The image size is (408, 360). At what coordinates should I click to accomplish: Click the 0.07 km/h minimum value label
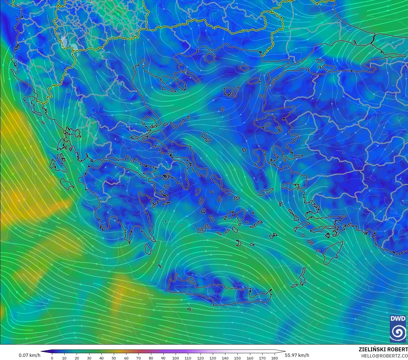pyautogui.click(x=29, y=355)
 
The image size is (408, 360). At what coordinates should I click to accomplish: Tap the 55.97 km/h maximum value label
pyautogui.click(x=297, y=355)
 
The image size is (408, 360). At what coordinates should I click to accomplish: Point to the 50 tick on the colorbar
pyautogui.click(x=114, y=358)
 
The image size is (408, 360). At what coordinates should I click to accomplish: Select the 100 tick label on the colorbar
pyautogui.click(x=176, y=358)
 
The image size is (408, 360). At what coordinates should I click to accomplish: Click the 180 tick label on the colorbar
pyautogui.click(x=275, y=358)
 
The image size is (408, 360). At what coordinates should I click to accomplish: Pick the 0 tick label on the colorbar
pyautogui.click(x=52, y=358)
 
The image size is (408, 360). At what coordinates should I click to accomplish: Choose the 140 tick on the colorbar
pyautogui.click(x=225, y=358)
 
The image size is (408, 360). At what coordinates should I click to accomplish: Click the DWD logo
pyautogui.click(x=398, y=328)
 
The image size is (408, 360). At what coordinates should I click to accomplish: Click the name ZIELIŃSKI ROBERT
pyautogui.click(x=383, y=349)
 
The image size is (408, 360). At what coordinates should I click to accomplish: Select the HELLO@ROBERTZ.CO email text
pyautogui.click(x=385, y=356)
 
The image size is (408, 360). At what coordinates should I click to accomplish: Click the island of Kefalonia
pyautogui.click(x=58, y=165)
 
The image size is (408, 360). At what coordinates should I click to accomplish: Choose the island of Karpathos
pyautogui.click(x=302, y=277)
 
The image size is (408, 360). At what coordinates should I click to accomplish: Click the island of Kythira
pyautogui.click(x=148, y=248)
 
